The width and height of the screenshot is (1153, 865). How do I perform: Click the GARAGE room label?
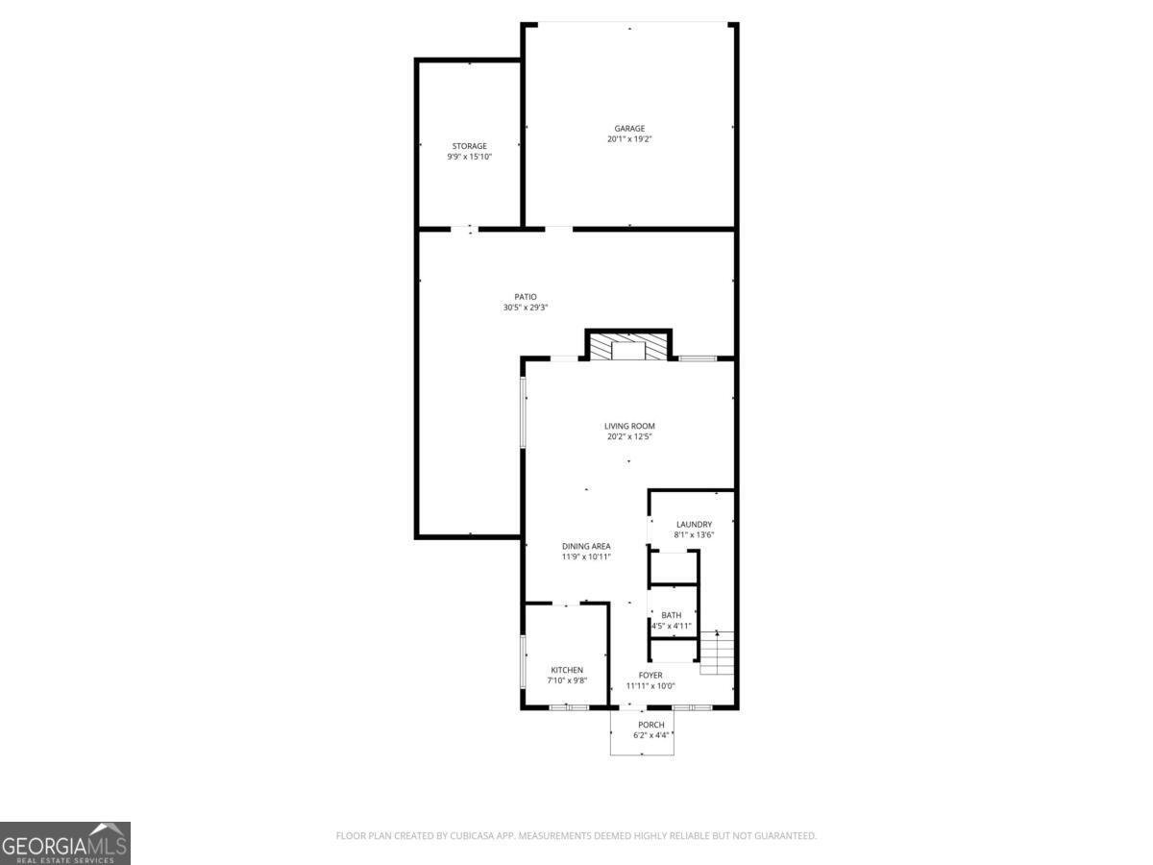pos(629,128)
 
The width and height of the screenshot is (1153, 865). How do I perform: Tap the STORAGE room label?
pos(469,146)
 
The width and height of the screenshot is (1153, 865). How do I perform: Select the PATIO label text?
pos(526,297)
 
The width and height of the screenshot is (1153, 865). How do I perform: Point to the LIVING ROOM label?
pos(629,426)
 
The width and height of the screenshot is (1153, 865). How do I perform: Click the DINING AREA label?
pos(586,546)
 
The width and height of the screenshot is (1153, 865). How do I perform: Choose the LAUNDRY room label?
pos(694,524)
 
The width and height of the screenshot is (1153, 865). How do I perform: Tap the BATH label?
pos(672,615)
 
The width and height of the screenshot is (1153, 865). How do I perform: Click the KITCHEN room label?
pos(567,670)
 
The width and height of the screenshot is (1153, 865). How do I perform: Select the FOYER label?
pos(650,675)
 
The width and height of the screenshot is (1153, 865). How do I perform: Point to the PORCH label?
pos(651,725)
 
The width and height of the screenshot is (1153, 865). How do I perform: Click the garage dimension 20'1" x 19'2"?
pos(629,139)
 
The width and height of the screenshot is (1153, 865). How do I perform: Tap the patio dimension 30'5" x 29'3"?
pos(526,308)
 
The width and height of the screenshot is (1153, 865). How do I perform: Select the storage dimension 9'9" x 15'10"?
pos(469,157)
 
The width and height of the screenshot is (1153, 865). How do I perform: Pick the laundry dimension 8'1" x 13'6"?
pos(694,534)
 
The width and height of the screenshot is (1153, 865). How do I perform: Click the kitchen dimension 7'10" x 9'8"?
pos(567,680)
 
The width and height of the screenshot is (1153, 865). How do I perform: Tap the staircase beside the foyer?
pos(717,653)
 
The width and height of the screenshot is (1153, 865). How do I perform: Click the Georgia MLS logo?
pos(65,843)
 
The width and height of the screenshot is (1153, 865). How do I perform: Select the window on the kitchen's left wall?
pos(523,661)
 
